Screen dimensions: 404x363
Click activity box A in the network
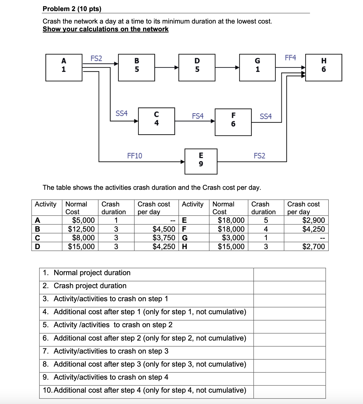(64, 68)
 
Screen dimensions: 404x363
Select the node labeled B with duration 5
(136, 68)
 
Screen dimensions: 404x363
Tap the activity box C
(156, 121)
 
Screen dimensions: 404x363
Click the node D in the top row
(197, 68)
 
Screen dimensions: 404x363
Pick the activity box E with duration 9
(201, 161)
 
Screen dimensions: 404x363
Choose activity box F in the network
(233, 122)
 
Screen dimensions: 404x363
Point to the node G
(257, 68)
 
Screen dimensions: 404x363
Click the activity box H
(324, 68)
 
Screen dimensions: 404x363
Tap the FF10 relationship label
(134, 156)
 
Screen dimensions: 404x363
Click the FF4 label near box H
(290, 58)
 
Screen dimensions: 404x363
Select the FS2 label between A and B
(96, 58)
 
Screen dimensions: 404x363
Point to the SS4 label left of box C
(121, 113)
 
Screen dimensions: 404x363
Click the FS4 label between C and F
(197, 116)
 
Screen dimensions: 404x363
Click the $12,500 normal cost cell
(81, 229)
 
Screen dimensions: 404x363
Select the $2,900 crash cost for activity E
(313, 220)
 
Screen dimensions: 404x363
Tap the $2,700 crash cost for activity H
(313, 246)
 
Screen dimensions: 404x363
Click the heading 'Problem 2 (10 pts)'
(72, 9)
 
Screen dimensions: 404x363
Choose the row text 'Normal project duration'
(92, 273)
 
